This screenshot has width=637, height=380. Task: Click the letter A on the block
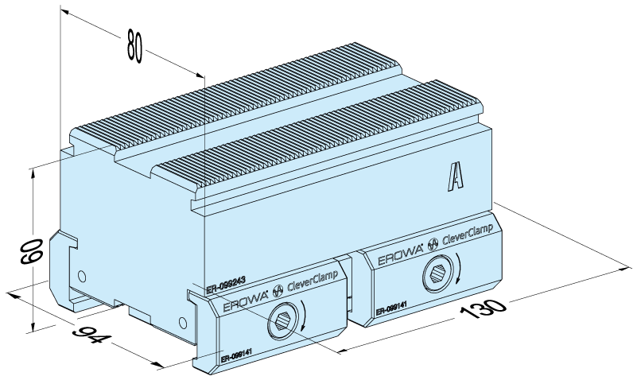pos(456,176)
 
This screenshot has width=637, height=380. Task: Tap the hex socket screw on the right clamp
pos(437,274)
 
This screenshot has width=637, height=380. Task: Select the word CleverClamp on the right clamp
pos(469,235)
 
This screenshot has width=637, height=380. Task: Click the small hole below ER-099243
pos(184,322)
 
